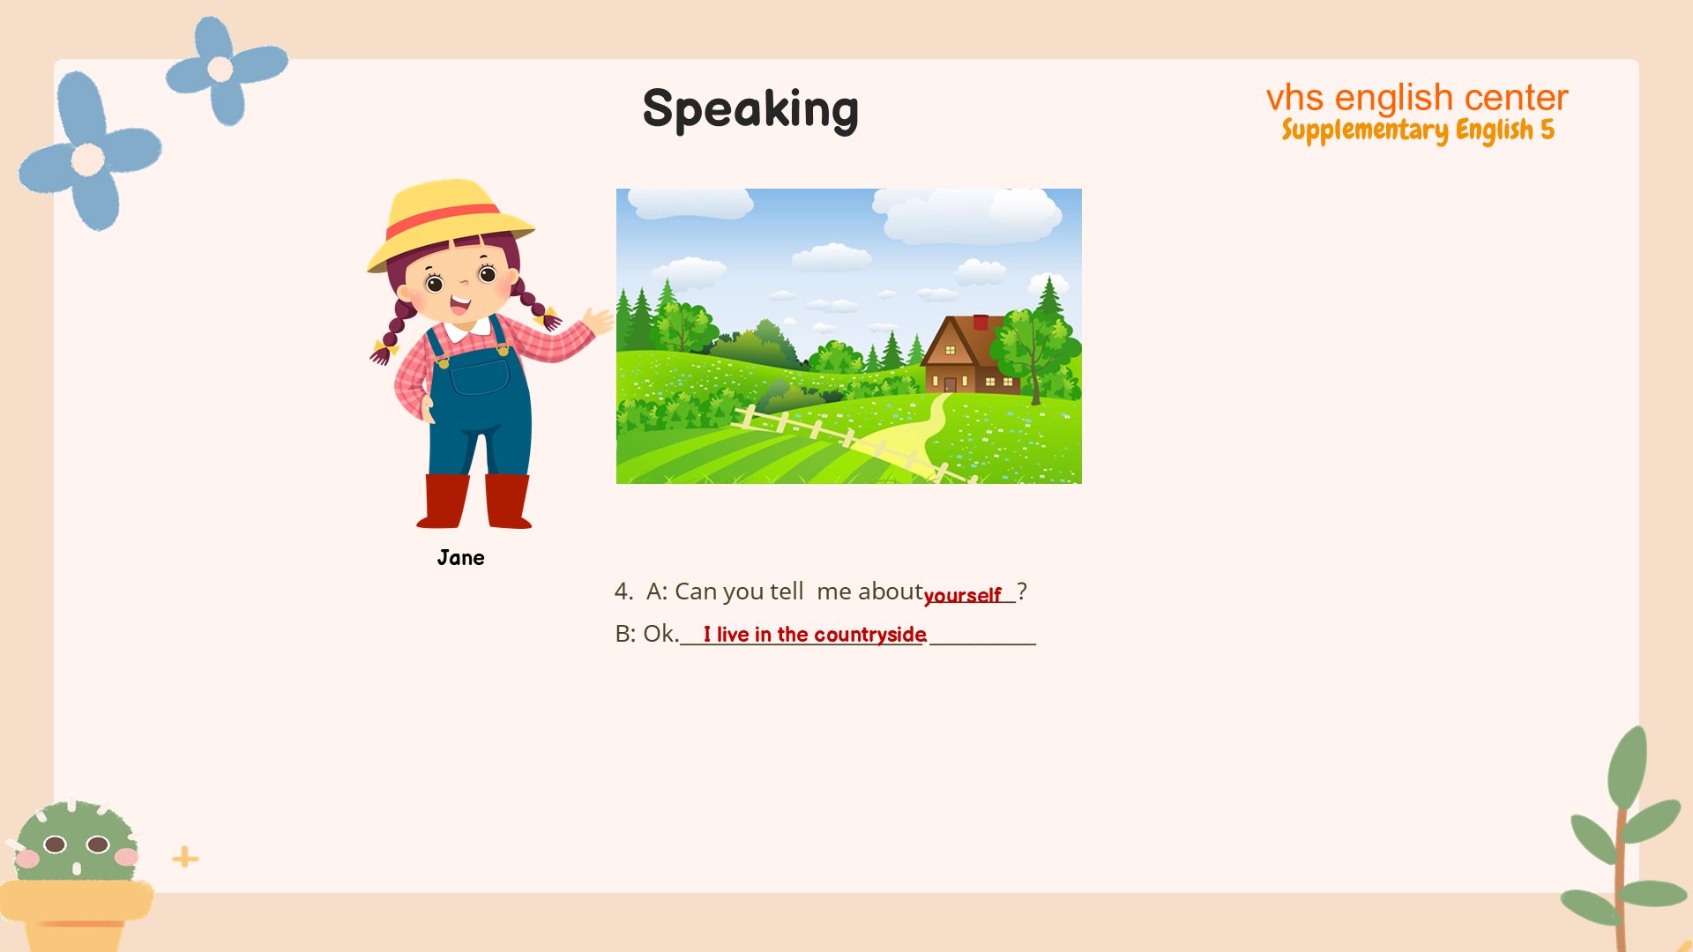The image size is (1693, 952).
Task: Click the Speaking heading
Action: pyautogui.click(x=750, y=109)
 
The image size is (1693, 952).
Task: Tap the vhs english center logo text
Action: pyautogui.click(x=1417, y=97)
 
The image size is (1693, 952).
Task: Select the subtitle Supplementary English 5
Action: pyautogui.click(x=1418, y=130)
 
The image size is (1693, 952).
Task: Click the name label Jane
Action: pyautogui.click(x=460, y=558)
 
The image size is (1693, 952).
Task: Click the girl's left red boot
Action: pyautogui.click(x=445, y=501)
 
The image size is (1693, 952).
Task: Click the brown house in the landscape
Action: pyautogui.click(x=970, y=354)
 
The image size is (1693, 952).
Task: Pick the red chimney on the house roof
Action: pyautogui.click(x=981, y=322)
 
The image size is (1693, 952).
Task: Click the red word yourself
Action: pyautogui.click(x=962, y=596)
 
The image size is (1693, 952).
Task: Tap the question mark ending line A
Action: pyautogui.click(x=1022, y=591)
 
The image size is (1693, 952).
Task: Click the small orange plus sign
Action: pyautogui.click(x=185, y=857)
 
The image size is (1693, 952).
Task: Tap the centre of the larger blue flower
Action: pyautogui.click(x=87, y=160)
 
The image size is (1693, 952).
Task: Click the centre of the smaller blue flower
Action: pyautogui.click(x=220, y=69)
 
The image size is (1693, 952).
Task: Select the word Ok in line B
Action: pyautogui.click(x=659, y=634)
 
